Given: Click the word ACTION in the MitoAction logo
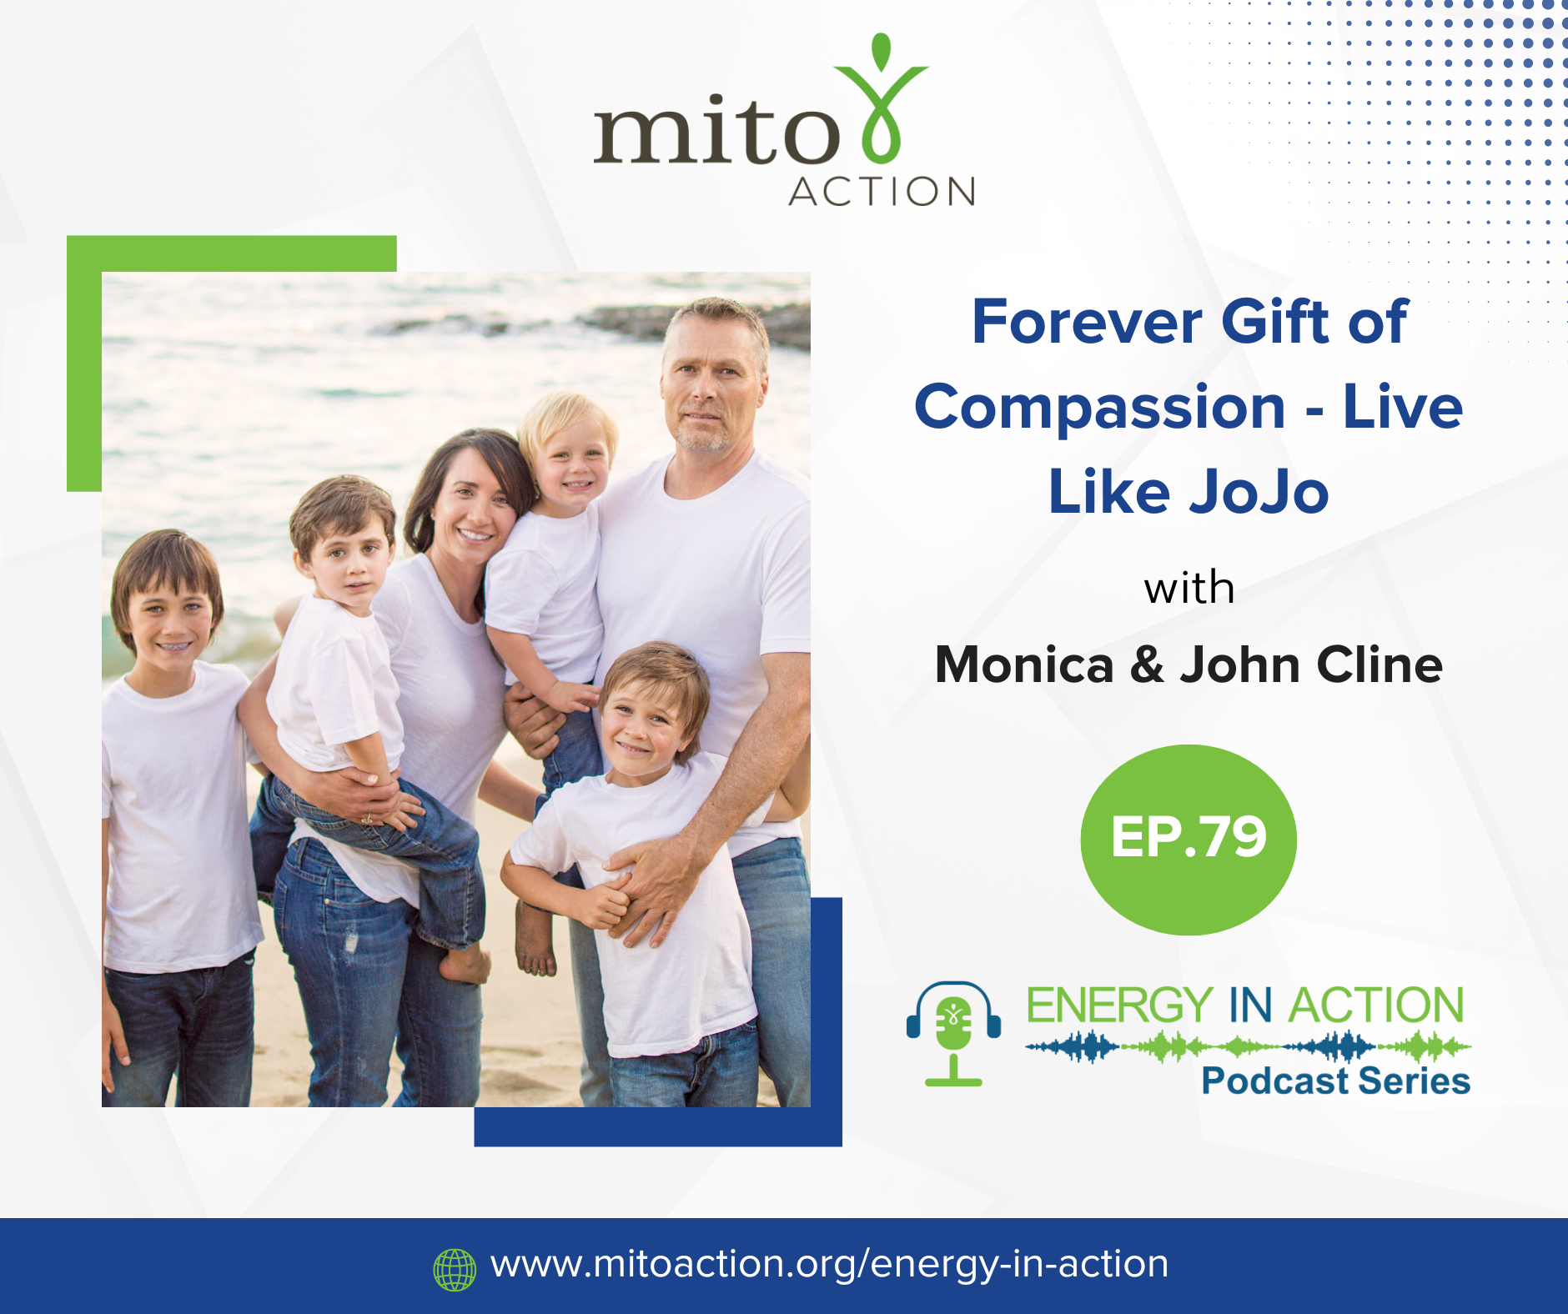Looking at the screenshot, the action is pos(882,192).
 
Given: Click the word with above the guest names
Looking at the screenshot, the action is pos(1189,589).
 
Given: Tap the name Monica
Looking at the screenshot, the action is pos(1024,665).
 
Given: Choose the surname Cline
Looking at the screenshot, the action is pos(1380,665).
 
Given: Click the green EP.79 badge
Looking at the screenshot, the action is pos(1189,840).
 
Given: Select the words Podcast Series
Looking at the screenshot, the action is pos(1335,1081).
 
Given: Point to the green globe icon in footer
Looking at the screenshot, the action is pos(455,1270).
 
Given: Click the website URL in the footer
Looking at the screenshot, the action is pos(829,1265).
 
